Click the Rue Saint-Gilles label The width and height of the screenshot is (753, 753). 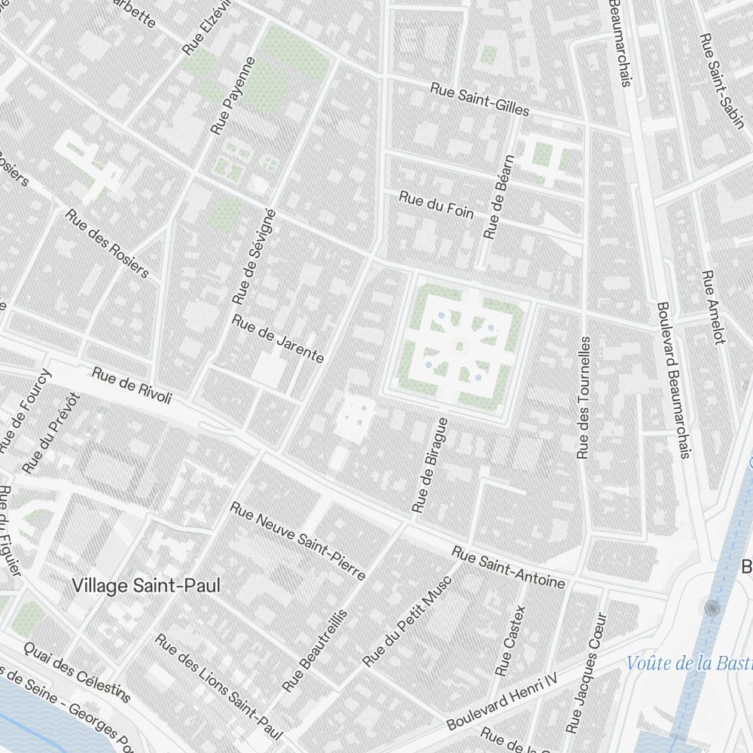(480, 99)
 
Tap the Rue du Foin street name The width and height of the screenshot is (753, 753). (436, 205)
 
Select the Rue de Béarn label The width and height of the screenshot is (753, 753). (500, 197)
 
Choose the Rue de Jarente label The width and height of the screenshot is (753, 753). (278, 339)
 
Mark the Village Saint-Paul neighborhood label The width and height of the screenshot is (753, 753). (147, 585)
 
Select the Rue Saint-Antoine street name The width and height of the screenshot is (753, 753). (508, 568)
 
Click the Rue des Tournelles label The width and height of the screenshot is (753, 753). (584, 397)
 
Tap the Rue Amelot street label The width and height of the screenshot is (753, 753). (713, 307)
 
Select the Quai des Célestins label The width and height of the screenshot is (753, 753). (77, 671)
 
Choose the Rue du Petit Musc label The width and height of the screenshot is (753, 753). (407, 622)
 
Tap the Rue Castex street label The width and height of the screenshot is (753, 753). (511, 640)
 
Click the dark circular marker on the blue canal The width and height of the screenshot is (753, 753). (712, 608)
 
